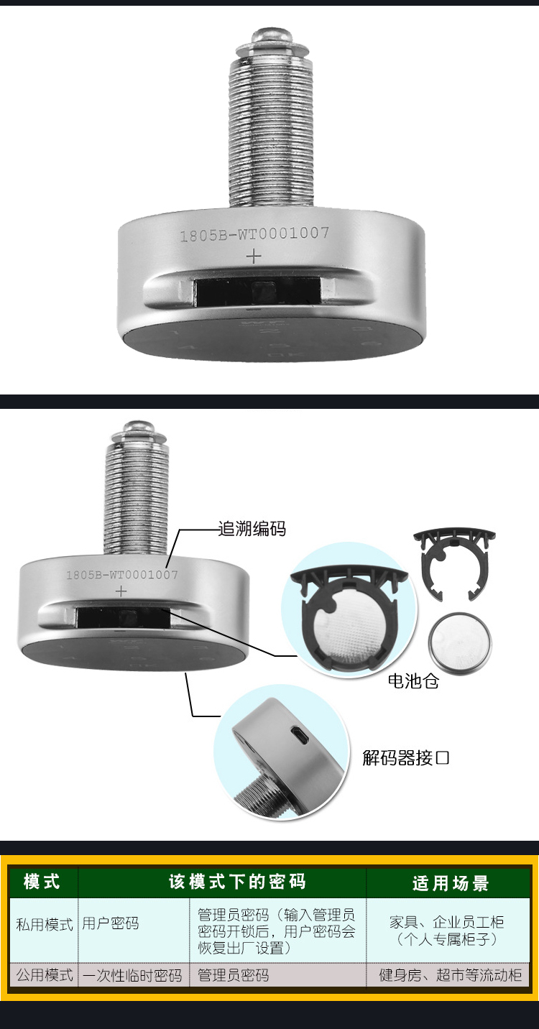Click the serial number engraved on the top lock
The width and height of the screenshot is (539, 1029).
(x=254, y=234)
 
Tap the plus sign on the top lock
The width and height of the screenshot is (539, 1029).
(x=254, y=256)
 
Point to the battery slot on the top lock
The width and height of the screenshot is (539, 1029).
(x=257, y=291)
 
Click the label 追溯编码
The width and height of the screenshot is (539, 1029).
(x=252, y=529)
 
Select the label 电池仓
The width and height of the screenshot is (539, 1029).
(x=413, y=680)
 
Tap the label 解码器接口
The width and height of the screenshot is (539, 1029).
(x=406, y=757)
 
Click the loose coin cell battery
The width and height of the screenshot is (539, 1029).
(x=459, y=640)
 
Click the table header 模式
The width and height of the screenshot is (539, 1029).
(x=42, y=882)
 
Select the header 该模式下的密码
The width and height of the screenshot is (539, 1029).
(x=237, y=882)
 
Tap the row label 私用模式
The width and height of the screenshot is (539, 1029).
(x=45, y=924)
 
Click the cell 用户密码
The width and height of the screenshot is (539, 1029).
(x=110, y=923)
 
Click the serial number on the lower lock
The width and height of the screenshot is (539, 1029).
(x=121, y=575)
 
